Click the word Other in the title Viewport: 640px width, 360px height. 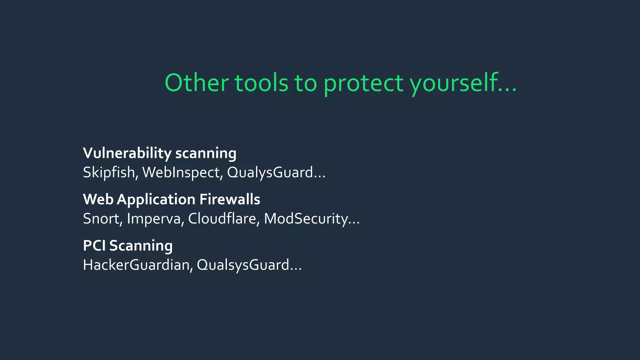coord(197,83)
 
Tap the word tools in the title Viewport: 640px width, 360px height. coord(261,83)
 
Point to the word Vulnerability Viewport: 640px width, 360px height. coord(127,153)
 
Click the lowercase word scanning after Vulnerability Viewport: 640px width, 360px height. coord(206,154)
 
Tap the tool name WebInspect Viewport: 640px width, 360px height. coord(182,172)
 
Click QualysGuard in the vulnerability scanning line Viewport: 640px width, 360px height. coord(270,172)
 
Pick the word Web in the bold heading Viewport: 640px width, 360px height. coord(98,199)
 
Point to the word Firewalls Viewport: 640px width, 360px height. coord(230,199)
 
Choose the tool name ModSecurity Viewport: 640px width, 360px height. coord(306,219)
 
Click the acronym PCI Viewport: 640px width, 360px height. coord(94,246)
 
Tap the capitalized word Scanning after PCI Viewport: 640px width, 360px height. coord(141,246)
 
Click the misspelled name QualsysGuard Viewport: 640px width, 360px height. coord(243,265)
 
